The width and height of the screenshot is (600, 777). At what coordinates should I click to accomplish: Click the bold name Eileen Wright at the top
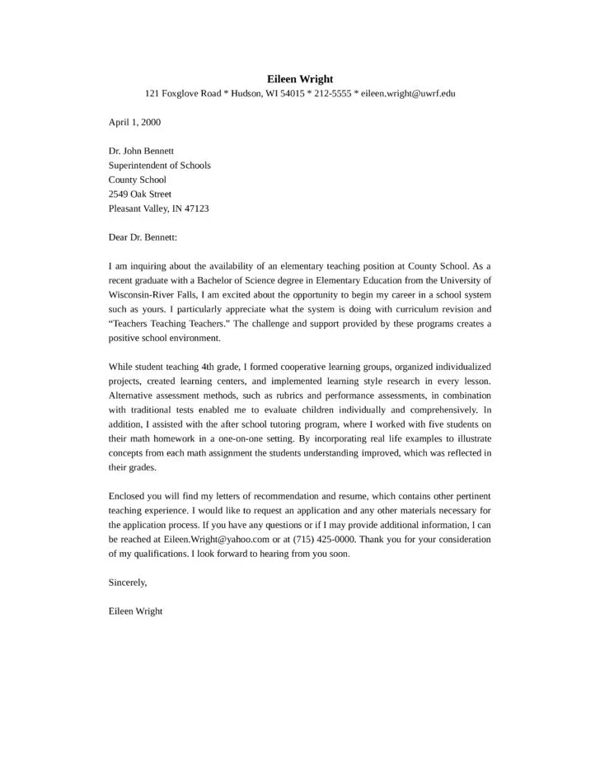300,79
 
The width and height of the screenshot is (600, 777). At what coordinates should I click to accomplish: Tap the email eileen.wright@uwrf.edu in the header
408,94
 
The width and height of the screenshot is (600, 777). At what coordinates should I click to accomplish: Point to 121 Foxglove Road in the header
183,94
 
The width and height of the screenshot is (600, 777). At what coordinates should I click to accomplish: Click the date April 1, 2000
134,122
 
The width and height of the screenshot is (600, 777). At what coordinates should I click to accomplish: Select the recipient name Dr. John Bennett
141,151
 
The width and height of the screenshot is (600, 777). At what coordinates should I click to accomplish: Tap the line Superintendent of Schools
159,165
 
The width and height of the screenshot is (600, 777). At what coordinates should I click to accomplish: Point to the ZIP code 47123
196,208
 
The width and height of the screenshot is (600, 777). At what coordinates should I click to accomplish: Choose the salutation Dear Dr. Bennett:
143,237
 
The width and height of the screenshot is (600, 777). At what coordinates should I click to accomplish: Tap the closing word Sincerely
127,583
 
